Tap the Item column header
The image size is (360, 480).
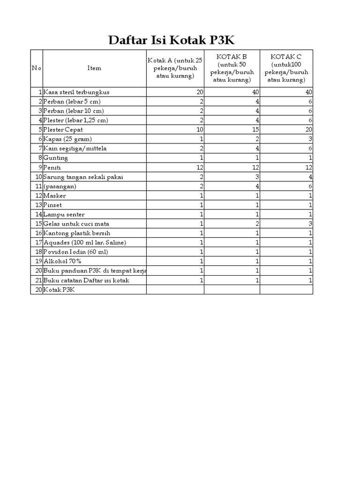pos(94,68)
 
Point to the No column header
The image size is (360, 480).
pos(37,68)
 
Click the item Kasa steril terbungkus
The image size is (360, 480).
pos(76,92)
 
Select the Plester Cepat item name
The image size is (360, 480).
pos(63,130)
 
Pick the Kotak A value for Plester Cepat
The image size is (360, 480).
pos(199,130)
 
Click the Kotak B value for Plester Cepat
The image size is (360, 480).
pos(255,130)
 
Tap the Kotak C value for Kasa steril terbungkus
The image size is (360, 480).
pos(308,92)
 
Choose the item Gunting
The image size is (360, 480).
pos(56,158)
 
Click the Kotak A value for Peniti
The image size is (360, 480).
pos(199,167)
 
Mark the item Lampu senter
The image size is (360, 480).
pos(64,214)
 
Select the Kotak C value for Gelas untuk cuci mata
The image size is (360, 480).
pos(310,224)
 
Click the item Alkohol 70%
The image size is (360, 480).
pos(62,261)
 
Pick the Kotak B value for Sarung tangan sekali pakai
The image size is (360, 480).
pos(257,177)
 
